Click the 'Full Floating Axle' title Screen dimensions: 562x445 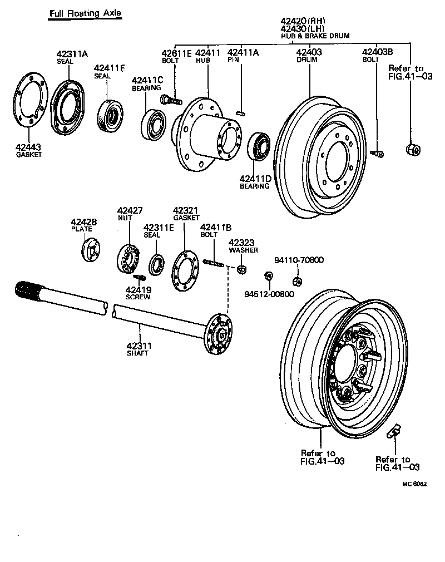coord(84,13)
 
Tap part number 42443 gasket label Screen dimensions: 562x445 coord(28,147)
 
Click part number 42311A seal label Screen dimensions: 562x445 coord(72,54)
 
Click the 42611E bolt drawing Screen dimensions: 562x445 coord(171,101)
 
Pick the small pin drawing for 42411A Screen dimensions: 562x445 coord(241,114)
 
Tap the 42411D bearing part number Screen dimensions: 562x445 coord(255,179)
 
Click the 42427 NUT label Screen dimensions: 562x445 coord(130,210)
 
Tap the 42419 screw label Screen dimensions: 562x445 coord(138,289)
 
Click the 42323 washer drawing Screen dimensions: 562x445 coord(241,270)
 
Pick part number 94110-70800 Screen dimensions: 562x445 coord(299,260)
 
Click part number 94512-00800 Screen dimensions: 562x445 coord(270,294)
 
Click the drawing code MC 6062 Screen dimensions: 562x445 coord(414,484)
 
